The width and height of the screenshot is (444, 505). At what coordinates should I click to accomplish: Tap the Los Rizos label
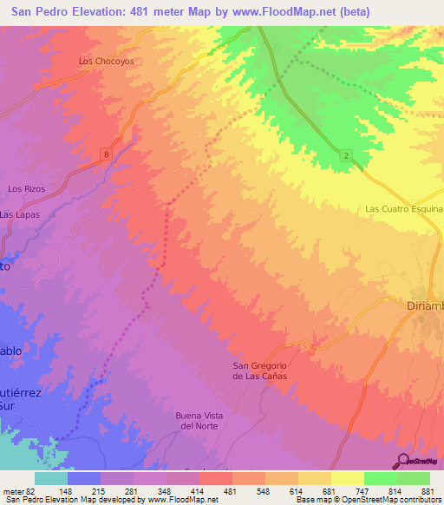pos(26,188)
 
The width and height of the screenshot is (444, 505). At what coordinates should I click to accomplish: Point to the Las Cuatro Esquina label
pos(404,209)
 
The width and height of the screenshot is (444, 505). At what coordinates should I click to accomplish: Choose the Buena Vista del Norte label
pos(199,420)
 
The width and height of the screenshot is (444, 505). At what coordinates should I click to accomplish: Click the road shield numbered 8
pos(106,154)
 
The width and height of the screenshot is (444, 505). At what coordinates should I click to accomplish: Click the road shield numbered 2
pos(347,155)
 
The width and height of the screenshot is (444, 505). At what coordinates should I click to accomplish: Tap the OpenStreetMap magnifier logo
pos(403,461)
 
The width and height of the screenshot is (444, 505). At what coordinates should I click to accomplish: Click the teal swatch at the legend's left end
pos(50,478)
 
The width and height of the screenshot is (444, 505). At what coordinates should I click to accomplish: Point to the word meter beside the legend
pos(13,490)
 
